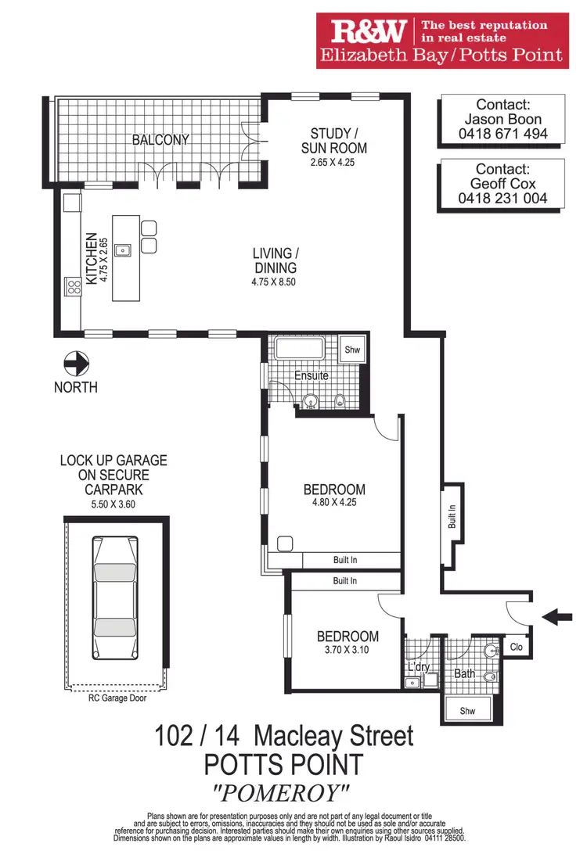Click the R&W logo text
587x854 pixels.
pyautogui.click(x=368, y=32)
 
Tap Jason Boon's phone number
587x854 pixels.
pyautogui.click(x=502, y=134)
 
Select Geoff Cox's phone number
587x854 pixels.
pyautogui.click(x=502, y=199)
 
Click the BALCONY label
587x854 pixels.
pyautogui.click(x=160, y=140)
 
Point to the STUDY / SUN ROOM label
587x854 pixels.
pyautogui.click(x=338, y=141)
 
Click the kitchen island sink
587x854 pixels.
pyautogui.click(x=123, y=251)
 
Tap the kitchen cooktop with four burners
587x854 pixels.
pyautogui.click(x=73, y=287)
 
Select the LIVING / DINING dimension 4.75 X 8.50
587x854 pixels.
pyautogui.click(x=275, y=282)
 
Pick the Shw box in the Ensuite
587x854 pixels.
pyautogui.click(x=352, y=350)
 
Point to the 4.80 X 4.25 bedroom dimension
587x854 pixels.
pyautogui.click(x=334, y=503)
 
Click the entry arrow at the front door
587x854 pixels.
pyautogui.click(x=556, y=617)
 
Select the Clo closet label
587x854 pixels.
pyautogui.click(x=516, y=647)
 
